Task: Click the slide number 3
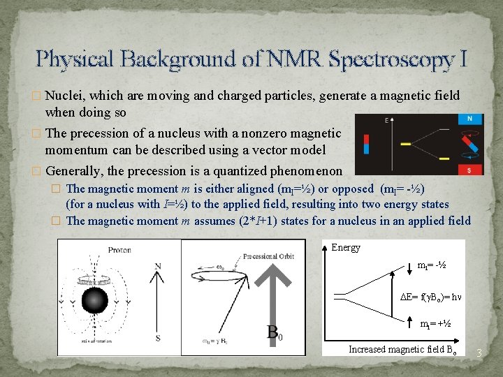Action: coord(479,354)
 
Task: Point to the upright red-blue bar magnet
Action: coord(367,145)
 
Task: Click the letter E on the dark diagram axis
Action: coord(386,121)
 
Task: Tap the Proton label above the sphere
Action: coord(119,250)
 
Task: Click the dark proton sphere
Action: coord(96,301)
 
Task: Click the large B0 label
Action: coord(275,332)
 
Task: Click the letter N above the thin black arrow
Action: coord(158,266)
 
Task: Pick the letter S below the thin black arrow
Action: coord(158,339)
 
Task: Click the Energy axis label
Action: coord(346,247)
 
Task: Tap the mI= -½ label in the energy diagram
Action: coord(432,266)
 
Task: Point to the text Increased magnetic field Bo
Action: coord(403,349)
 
